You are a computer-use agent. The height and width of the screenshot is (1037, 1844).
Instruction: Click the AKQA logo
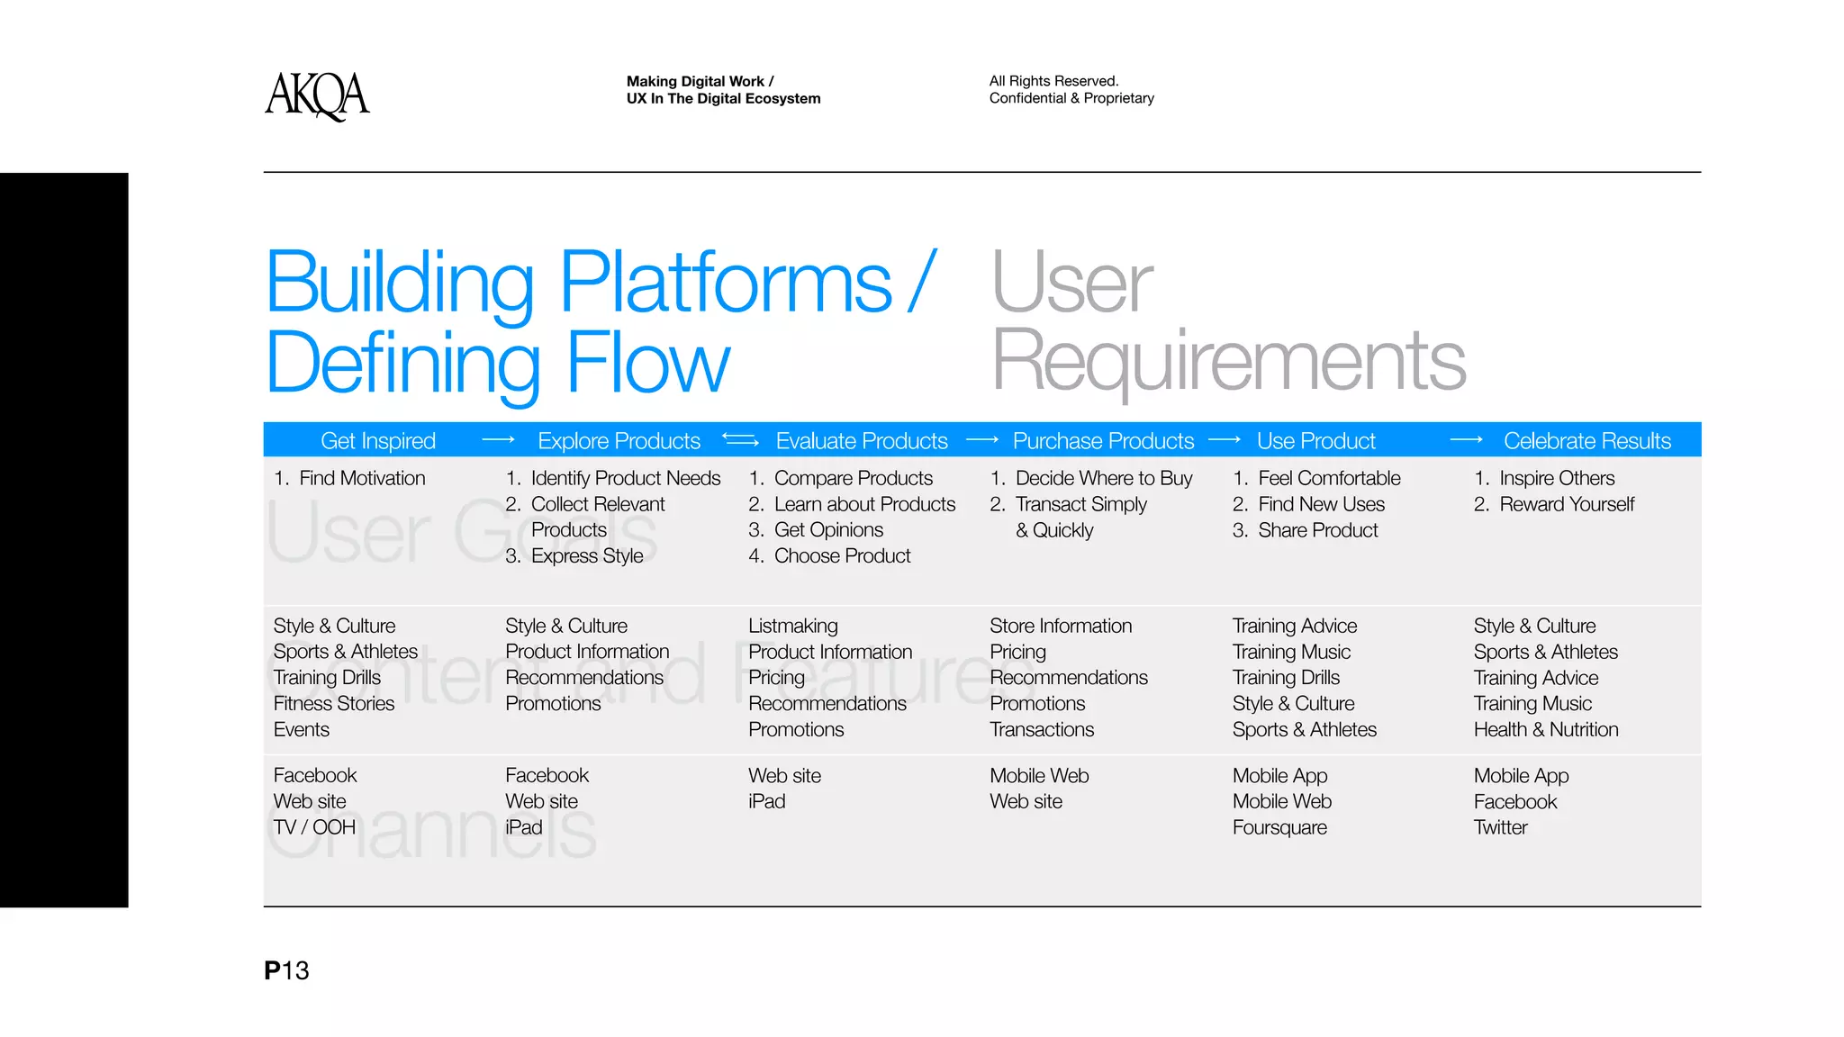317,95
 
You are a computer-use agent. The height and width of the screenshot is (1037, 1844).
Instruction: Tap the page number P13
286,970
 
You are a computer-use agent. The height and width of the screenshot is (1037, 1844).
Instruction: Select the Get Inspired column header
377,441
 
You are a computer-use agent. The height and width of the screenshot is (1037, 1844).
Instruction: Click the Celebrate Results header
1586,441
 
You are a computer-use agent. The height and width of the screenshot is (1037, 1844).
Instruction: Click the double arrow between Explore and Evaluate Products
740,440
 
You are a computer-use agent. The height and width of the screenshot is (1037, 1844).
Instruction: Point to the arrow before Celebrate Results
1466,440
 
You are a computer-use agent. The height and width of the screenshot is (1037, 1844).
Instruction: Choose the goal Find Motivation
361,478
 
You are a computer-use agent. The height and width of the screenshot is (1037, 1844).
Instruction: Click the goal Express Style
586,556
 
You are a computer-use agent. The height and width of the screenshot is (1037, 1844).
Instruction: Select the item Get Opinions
827,530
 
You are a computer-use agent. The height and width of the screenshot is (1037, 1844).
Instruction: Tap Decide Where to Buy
1103,478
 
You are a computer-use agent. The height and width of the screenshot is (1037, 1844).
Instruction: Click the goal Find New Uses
1321,504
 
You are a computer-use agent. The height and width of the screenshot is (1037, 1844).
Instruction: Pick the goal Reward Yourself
1566,504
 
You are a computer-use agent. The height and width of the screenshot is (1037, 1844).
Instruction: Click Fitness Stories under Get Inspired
334,704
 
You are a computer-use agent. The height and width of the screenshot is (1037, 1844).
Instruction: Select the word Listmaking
792,626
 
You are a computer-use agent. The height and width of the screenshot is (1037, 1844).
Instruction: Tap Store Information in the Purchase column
1061,626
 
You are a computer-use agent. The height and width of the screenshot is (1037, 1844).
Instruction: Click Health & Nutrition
1545,730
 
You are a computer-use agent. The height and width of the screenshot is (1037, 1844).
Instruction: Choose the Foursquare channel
1279,827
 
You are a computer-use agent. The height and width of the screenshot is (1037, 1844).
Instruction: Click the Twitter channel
1500,827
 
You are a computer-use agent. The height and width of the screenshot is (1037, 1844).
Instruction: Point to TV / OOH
314,827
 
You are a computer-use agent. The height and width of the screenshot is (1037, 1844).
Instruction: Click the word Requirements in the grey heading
1228,362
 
